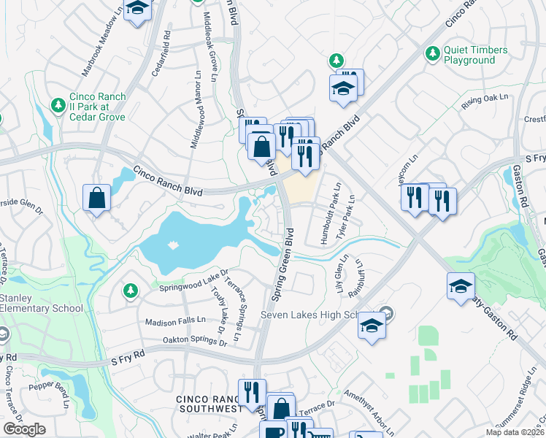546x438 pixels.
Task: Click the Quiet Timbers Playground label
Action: (476, 55)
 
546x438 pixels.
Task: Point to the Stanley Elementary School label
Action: (42, 303)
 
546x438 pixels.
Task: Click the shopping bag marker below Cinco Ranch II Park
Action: (97, 197)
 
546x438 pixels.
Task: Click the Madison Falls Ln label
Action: (176, 320)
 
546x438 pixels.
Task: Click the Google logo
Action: (24, 429)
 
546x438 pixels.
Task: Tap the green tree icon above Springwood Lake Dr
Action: (131, 291)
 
